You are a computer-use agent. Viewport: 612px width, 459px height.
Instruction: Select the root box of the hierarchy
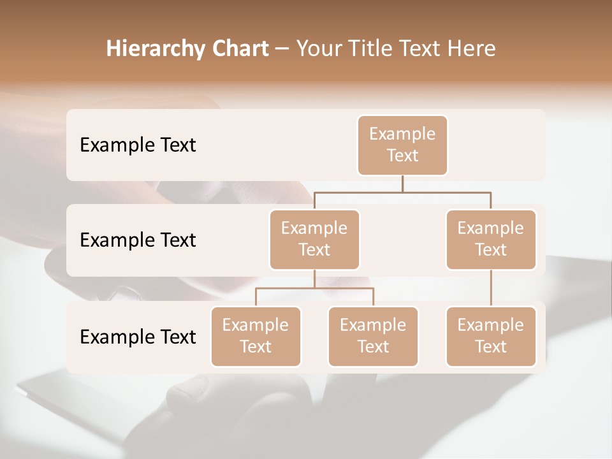click(402, 145)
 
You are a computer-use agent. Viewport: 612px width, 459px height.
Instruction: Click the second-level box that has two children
click(314, 239)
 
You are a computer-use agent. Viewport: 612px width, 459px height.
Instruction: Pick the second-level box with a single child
click(491, 239)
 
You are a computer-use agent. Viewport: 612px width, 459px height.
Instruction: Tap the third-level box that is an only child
click(491, 336)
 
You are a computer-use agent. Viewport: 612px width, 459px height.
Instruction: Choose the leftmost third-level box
click(256, 336)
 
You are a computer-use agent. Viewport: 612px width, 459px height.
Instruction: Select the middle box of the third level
click(373, 336)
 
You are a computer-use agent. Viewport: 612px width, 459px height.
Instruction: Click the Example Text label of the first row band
click(138, 145)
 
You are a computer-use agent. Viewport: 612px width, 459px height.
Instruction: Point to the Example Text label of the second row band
click(138, 240)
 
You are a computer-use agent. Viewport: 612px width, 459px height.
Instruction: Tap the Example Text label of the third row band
click(138, 337)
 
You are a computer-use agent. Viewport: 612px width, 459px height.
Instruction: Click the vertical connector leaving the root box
click(402, 184)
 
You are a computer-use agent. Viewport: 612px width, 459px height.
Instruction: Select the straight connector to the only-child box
click(491, 288)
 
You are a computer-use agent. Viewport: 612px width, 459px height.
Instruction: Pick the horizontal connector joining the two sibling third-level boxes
click(344, 288)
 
